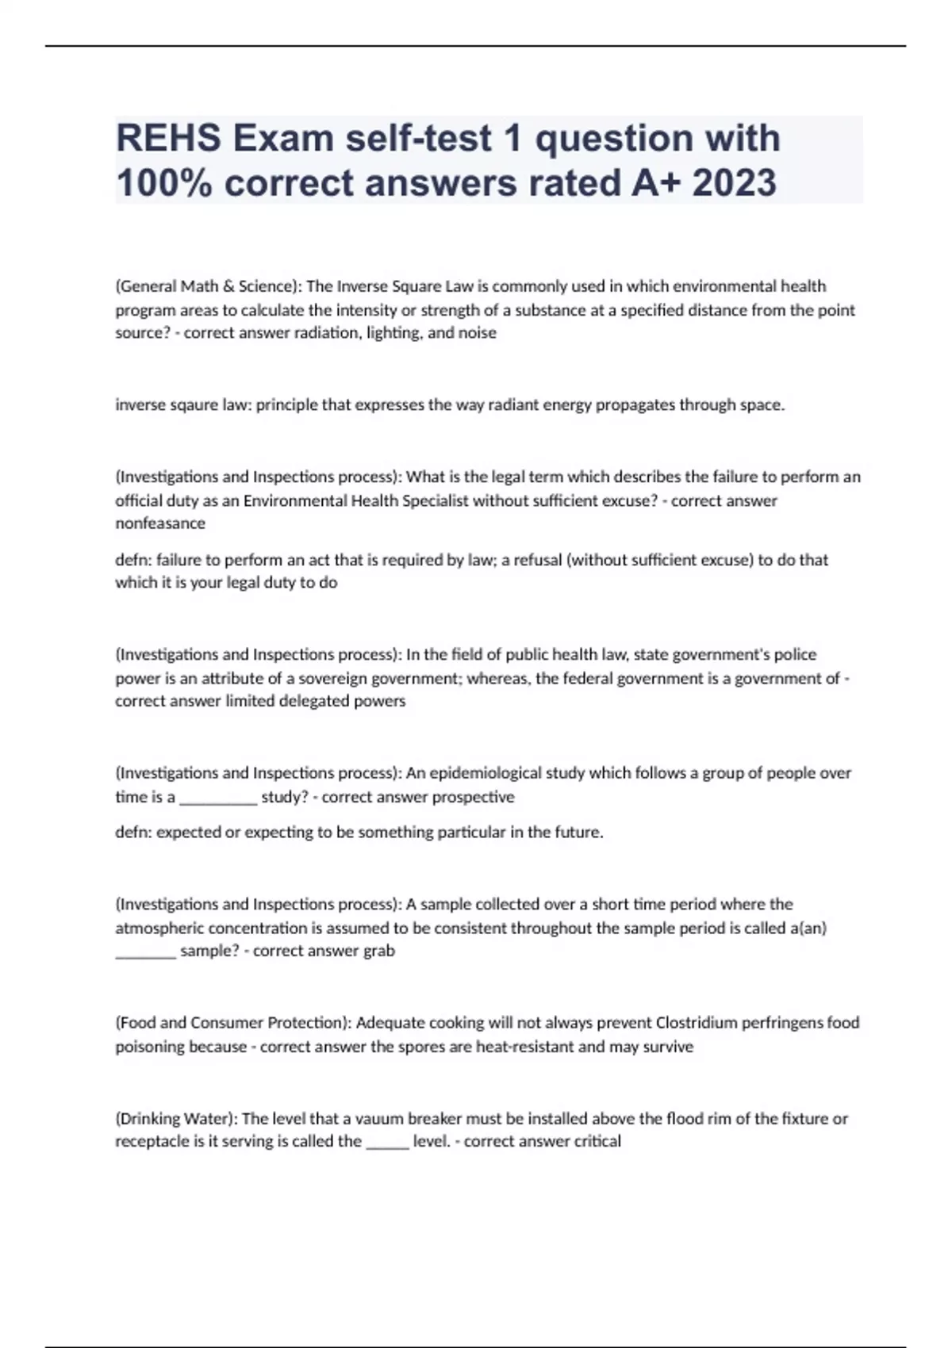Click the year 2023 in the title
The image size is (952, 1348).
[734, 183]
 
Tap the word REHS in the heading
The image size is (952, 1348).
[168, 138]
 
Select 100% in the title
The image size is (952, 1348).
[163, 183]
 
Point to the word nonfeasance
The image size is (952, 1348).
[160, 523]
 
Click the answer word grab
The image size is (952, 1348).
[378, 951]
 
